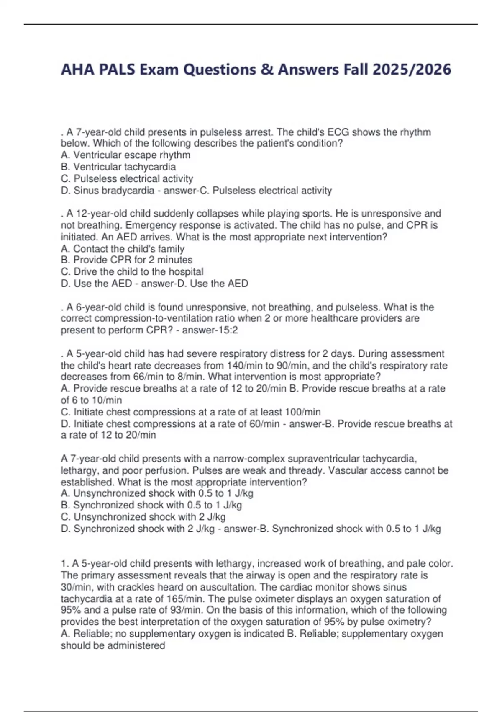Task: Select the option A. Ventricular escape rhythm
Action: coord(125,155)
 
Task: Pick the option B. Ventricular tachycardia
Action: coord(118,167)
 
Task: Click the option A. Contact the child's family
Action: coord(123,248)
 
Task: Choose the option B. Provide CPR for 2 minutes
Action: coord(127,260)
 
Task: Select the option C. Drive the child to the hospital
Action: coord(132,271)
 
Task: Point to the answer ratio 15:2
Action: coord(229,330)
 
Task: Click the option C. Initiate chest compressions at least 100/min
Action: coord(191,412)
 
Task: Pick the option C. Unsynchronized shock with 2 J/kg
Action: coord(143,517)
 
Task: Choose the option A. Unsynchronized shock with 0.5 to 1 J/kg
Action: coord(157,493)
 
